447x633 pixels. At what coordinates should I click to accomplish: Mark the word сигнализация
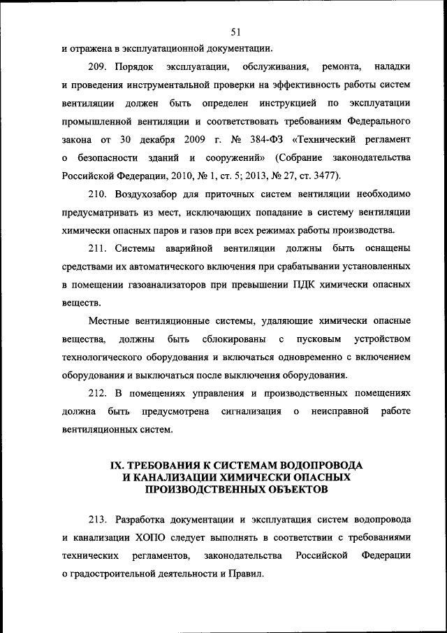(x=251, y=411)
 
